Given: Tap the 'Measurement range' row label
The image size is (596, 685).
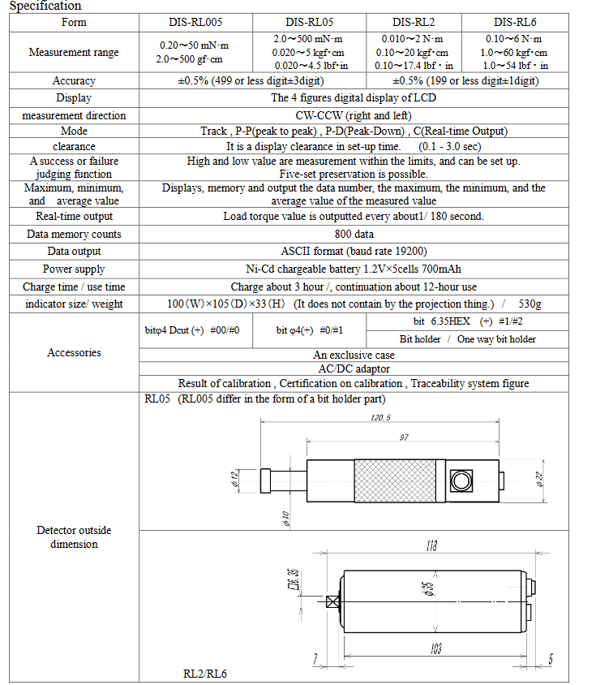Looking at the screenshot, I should (x=74, y=52).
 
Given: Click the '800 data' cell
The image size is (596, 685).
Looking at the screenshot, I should (x=353, y=234).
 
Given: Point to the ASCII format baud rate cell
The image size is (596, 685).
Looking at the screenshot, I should (x=353, y=252).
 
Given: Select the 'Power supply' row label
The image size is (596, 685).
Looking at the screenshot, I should (x=74, y=269).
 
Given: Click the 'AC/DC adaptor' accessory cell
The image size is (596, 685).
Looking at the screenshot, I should (x=353, y=369).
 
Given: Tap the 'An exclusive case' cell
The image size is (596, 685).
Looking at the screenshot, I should (x=353, y=355).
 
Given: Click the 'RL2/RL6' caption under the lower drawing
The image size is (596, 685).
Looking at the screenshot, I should (x=204, y=674).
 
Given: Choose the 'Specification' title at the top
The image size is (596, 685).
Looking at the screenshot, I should (x=45, y=6).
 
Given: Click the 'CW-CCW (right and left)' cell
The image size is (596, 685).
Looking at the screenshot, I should (x=353, y=115).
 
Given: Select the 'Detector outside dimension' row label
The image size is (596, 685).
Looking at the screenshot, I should (x=74, y=536).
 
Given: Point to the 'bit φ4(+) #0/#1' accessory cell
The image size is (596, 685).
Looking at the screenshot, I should (x=309, y=330).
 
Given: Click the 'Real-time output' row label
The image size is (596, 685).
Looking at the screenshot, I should (x=74, y=217).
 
